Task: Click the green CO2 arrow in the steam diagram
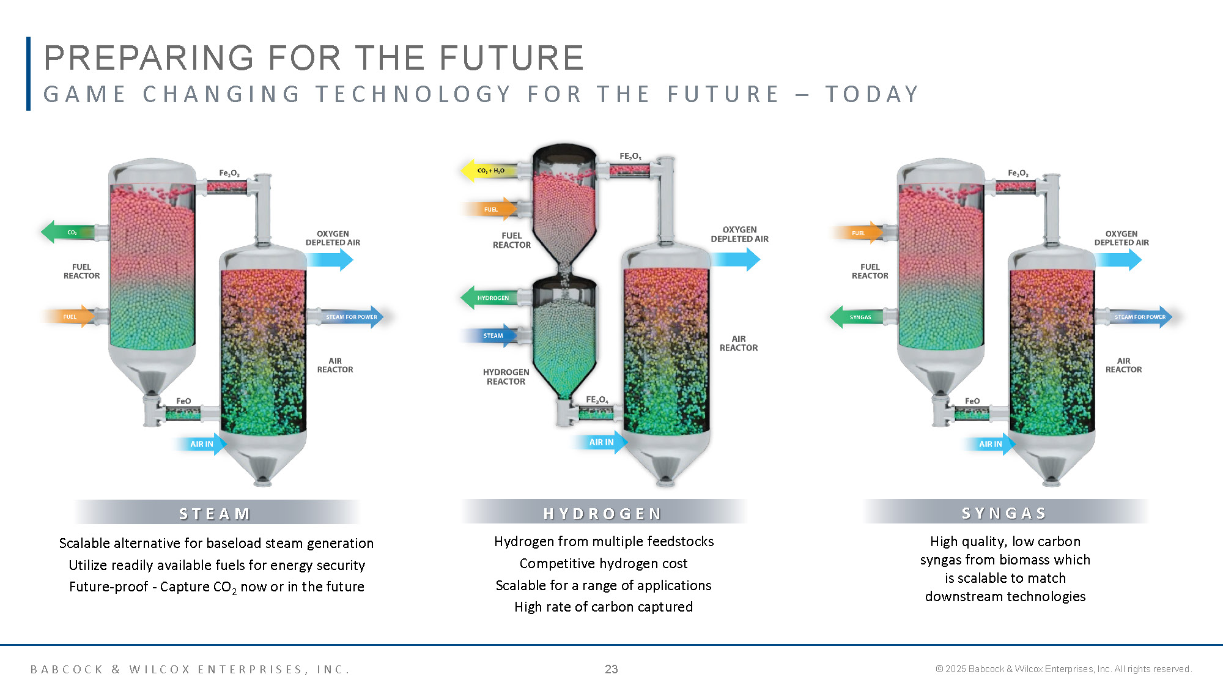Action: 68,232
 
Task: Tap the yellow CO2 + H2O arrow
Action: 489,171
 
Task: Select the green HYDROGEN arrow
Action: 489,298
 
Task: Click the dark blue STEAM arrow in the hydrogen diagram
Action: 490,336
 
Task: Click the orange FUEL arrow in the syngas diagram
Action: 857,233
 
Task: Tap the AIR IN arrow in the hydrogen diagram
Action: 599,442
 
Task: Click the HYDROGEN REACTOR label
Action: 506,377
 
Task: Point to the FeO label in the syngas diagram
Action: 972,401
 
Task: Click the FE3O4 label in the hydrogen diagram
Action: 597,400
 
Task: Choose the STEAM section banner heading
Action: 215,514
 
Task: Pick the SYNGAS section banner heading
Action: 1004,513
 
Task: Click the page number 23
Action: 611,669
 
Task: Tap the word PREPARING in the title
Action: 149,58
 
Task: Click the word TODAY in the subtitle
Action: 872,94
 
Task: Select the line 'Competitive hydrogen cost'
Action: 604,563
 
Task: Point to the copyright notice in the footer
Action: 1063,669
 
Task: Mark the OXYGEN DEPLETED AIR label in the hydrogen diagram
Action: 739,234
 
